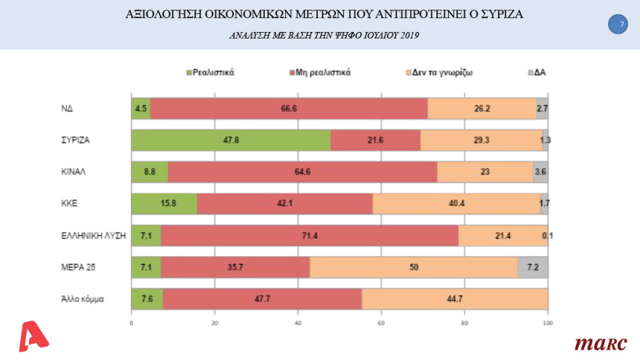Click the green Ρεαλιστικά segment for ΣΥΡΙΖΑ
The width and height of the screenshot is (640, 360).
tap(231, 140)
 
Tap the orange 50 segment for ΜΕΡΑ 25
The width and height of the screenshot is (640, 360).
tap(413, 267)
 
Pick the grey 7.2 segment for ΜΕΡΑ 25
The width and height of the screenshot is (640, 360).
tap(532, 267)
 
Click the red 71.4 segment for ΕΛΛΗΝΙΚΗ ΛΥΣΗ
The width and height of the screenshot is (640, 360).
tap(309, 235)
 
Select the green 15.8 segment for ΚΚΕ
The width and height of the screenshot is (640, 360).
tap(164, 203)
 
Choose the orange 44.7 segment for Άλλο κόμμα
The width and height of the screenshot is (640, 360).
tap(455, 298)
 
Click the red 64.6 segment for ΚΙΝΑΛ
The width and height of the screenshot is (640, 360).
tap(302, 172)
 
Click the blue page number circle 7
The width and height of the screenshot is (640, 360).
tap(617, 25)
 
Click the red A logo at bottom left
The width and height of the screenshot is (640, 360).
tap(34, 337)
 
